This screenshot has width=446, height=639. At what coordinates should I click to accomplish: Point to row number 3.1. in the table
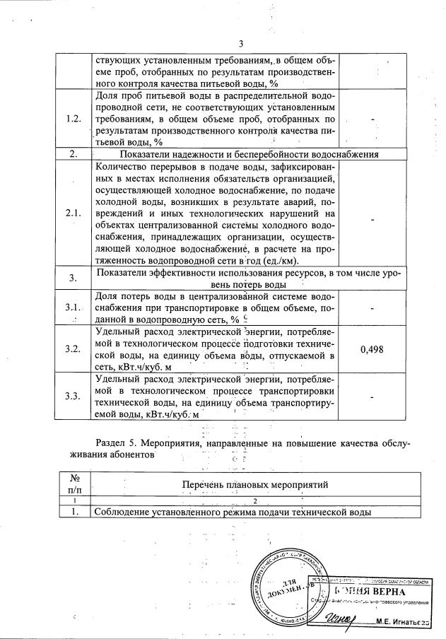(73, 308)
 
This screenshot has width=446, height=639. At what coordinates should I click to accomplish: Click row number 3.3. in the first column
(73, 394)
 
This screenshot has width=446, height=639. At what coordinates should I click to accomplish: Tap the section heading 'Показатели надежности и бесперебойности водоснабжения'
(249, 154)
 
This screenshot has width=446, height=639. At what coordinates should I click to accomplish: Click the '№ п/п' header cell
(74, 483)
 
